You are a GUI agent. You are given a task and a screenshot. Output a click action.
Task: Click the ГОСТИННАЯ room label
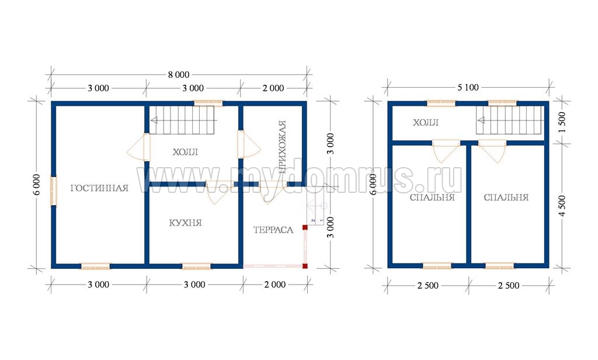pyautogui.click(x=99, y=188)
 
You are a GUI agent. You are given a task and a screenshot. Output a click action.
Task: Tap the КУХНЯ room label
pyautogui.click(x=185, y=223)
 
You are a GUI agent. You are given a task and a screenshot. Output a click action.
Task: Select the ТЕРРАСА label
pyautogui.click(x=273, y=230)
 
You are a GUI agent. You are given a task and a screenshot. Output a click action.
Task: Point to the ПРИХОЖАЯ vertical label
pyautogui.click(x=282, y=147)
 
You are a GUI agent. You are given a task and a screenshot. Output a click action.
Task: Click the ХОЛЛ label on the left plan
pyautogui.click(x=185, y=152)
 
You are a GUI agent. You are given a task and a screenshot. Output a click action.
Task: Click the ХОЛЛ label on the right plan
pyautogui.click(x=426, y=123)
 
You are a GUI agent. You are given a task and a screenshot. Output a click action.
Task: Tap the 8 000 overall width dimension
pyautogui.click(x=179, y=75)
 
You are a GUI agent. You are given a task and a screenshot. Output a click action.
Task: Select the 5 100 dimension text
pyautogui.click(x=468, y=88)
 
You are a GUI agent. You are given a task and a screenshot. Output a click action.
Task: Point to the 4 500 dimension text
pyautogui.click(x=562, y=206)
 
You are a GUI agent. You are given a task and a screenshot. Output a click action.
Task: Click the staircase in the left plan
pyautogui.click(x=182, y=120)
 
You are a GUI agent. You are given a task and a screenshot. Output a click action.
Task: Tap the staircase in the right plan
pyautogui.click(x=509, y=120)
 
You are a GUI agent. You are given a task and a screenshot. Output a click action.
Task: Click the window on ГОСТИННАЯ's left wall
pyautogui.click(x=54, y=191)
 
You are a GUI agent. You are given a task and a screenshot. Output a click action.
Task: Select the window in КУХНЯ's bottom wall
pyautogui.click(x=196, y=266)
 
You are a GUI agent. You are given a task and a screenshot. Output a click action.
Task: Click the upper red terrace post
pyautogui.click(x=305, y=227)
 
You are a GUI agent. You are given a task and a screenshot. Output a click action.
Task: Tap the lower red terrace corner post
pyautogui.click(x=305, y=266)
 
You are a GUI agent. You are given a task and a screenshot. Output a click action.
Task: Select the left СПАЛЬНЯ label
pyautogui.click(x=432, y=198)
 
